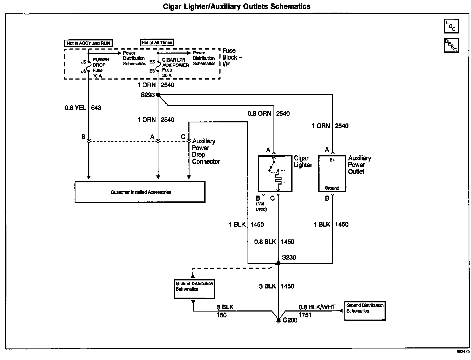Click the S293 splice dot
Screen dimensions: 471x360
[158, 95]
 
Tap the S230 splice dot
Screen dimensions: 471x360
[278, 263]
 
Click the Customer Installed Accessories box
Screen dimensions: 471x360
[140, 192]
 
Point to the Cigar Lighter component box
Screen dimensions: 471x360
[275, 174]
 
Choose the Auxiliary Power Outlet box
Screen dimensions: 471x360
[332, 174]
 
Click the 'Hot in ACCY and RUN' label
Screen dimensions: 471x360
[88, 43]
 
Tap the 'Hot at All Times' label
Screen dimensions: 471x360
[157, 42]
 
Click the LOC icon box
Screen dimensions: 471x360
[451, 26]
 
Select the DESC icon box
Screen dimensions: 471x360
[451, 45]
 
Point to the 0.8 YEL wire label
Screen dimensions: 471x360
[75, 108]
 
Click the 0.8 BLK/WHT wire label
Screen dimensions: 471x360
[317, 307]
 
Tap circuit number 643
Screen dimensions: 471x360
[96, 108]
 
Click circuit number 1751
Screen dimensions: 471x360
[305, 315]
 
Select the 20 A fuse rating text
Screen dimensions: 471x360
[167, 75]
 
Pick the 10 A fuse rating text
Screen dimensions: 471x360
[97, 76]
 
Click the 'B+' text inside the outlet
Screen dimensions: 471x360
[332, 160]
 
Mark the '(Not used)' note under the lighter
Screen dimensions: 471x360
[261, 206]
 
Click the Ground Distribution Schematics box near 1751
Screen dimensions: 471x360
[365, 310]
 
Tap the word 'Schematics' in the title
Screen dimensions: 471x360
[290, 6]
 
